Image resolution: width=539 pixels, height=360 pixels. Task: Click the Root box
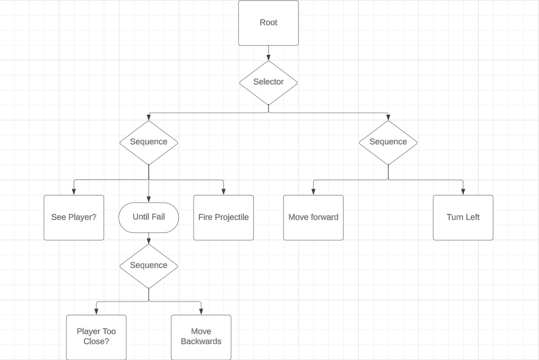pyautogui.click(x=269, y=23)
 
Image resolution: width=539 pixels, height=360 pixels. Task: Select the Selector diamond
pyautogui.click(x=269, y=82)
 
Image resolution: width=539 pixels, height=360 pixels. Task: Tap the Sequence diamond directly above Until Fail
pyautogui.click(x=149, y=142)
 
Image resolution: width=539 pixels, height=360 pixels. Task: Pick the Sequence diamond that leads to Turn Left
pyautogui.click(x=388, y=142)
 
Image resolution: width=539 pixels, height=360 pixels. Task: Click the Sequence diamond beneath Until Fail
pyautogui.click(x=149, y=266)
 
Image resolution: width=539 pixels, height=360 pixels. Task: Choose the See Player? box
pyautogui.click(x=74, y=218)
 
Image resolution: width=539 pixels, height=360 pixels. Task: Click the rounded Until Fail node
pyautogui.click(x=149, y=217)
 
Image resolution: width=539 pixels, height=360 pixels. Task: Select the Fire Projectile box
pyautogui.click(x=224, y=218)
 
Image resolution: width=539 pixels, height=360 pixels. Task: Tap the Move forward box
pyautogui.click(x=313, y=218)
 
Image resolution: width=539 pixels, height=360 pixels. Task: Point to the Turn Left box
pyautogui.click(x=463, y=218)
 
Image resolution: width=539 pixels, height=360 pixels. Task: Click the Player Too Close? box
pyautogui.click(x=96, y=337)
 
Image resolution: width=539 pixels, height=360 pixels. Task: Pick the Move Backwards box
pyautogui.click(x=201, y=337)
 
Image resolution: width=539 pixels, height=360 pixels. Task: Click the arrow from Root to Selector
pyautogui.click(x=269, y=53)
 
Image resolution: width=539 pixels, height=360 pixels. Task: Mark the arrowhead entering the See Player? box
pyautogui.click(x=74, y=192)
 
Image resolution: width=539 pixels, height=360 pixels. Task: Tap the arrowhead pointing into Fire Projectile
pyautogui.click(x=224, y=192)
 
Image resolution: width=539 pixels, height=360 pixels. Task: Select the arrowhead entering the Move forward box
pyautogui.click(x=313, y=192)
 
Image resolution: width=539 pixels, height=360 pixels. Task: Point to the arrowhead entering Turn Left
pyautogui.click(x=463, y=192)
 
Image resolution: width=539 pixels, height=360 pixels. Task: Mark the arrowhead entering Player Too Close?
pyautogui.click(x=96, y=312)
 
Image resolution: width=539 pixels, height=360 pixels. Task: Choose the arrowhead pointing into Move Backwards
pyautogui.click(x=201, y=312)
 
